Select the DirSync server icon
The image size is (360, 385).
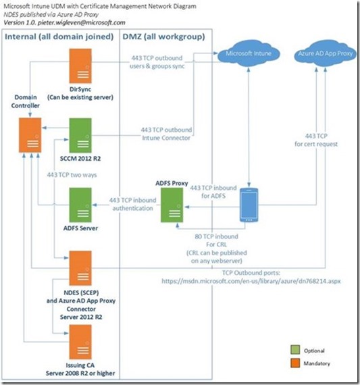pos(80,73)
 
